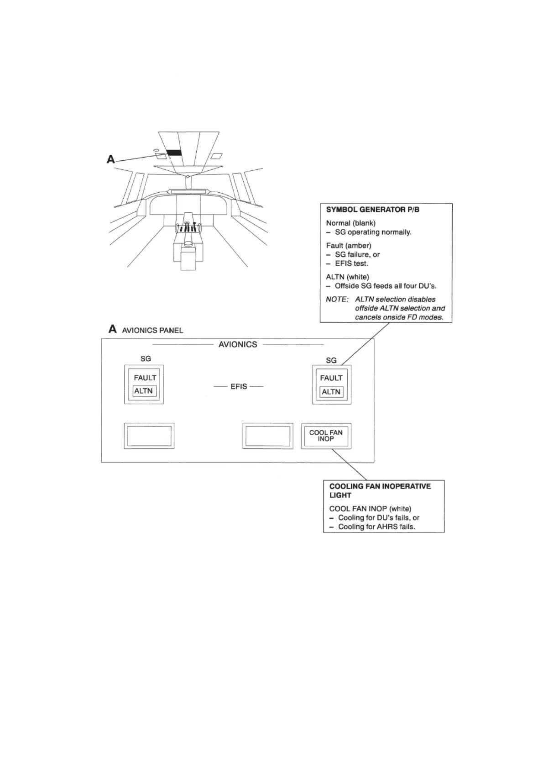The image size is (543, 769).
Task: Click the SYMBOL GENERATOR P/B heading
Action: tap(372, 210)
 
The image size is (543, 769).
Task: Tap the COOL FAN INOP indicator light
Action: tap(326, 436)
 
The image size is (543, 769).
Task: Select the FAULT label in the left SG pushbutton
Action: tap(145, 378)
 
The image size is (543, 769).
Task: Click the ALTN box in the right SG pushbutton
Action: tap(331, 392)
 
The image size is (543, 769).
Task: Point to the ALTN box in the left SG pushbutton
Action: tap(144, 391)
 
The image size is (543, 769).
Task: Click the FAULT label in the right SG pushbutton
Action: tap(331, 378)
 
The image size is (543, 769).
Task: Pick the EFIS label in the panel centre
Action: tap(239, 386)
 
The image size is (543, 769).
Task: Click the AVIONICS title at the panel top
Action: tap(238, 344)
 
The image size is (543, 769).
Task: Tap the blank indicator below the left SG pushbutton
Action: tap(149, 436)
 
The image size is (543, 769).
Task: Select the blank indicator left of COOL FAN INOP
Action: tap(267, 436)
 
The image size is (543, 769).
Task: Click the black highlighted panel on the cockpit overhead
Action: tap(174, 153)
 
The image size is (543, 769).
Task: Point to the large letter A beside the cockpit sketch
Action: tap(111, 159)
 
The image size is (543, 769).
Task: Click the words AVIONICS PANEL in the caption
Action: tap(152, 330)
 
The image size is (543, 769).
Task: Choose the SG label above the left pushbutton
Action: tap(146, 358)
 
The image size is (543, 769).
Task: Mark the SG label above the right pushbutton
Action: tap(331, 360)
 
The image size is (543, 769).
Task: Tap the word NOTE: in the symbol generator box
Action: tap(337, 299)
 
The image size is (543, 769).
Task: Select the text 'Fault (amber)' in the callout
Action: tap(349, 246)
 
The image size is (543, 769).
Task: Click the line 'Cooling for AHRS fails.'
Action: tap(376, 527)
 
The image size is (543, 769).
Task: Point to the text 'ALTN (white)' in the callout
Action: tap(347, 277)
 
